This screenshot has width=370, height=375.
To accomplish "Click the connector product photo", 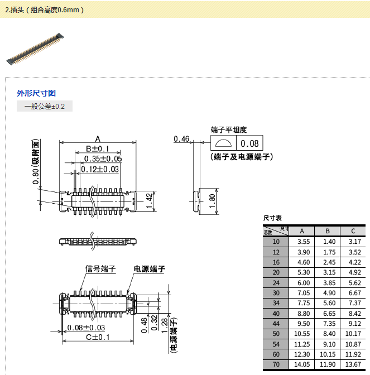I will click(35, 47).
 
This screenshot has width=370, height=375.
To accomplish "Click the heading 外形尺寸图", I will click(36, 93).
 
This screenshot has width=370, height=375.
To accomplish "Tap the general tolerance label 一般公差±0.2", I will click(45, 106).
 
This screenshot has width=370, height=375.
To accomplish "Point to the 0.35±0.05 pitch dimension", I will click(103, 159).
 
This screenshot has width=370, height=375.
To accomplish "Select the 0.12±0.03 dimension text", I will click(100, 169).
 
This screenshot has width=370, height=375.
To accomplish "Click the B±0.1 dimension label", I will click(97, 149).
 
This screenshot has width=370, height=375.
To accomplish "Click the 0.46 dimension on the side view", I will click(181, 139).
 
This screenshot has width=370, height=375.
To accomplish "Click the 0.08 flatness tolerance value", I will click(249, 143).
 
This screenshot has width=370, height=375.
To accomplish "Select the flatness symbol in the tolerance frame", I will click(223, 143).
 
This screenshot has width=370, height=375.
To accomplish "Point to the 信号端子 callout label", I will click(100, 269).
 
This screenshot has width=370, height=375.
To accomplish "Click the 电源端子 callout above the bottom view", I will click(149, 269).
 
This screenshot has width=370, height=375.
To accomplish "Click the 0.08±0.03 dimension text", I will click(87, 328).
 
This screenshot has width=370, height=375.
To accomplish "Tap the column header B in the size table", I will click(328, 232).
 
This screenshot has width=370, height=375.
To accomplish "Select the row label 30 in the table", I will click(276, 293).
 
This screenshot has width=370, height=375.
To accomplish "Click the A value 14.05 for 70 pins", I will click(302, 364).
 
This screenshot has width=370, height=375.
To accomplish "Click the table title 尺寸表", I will click(272, 218).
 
